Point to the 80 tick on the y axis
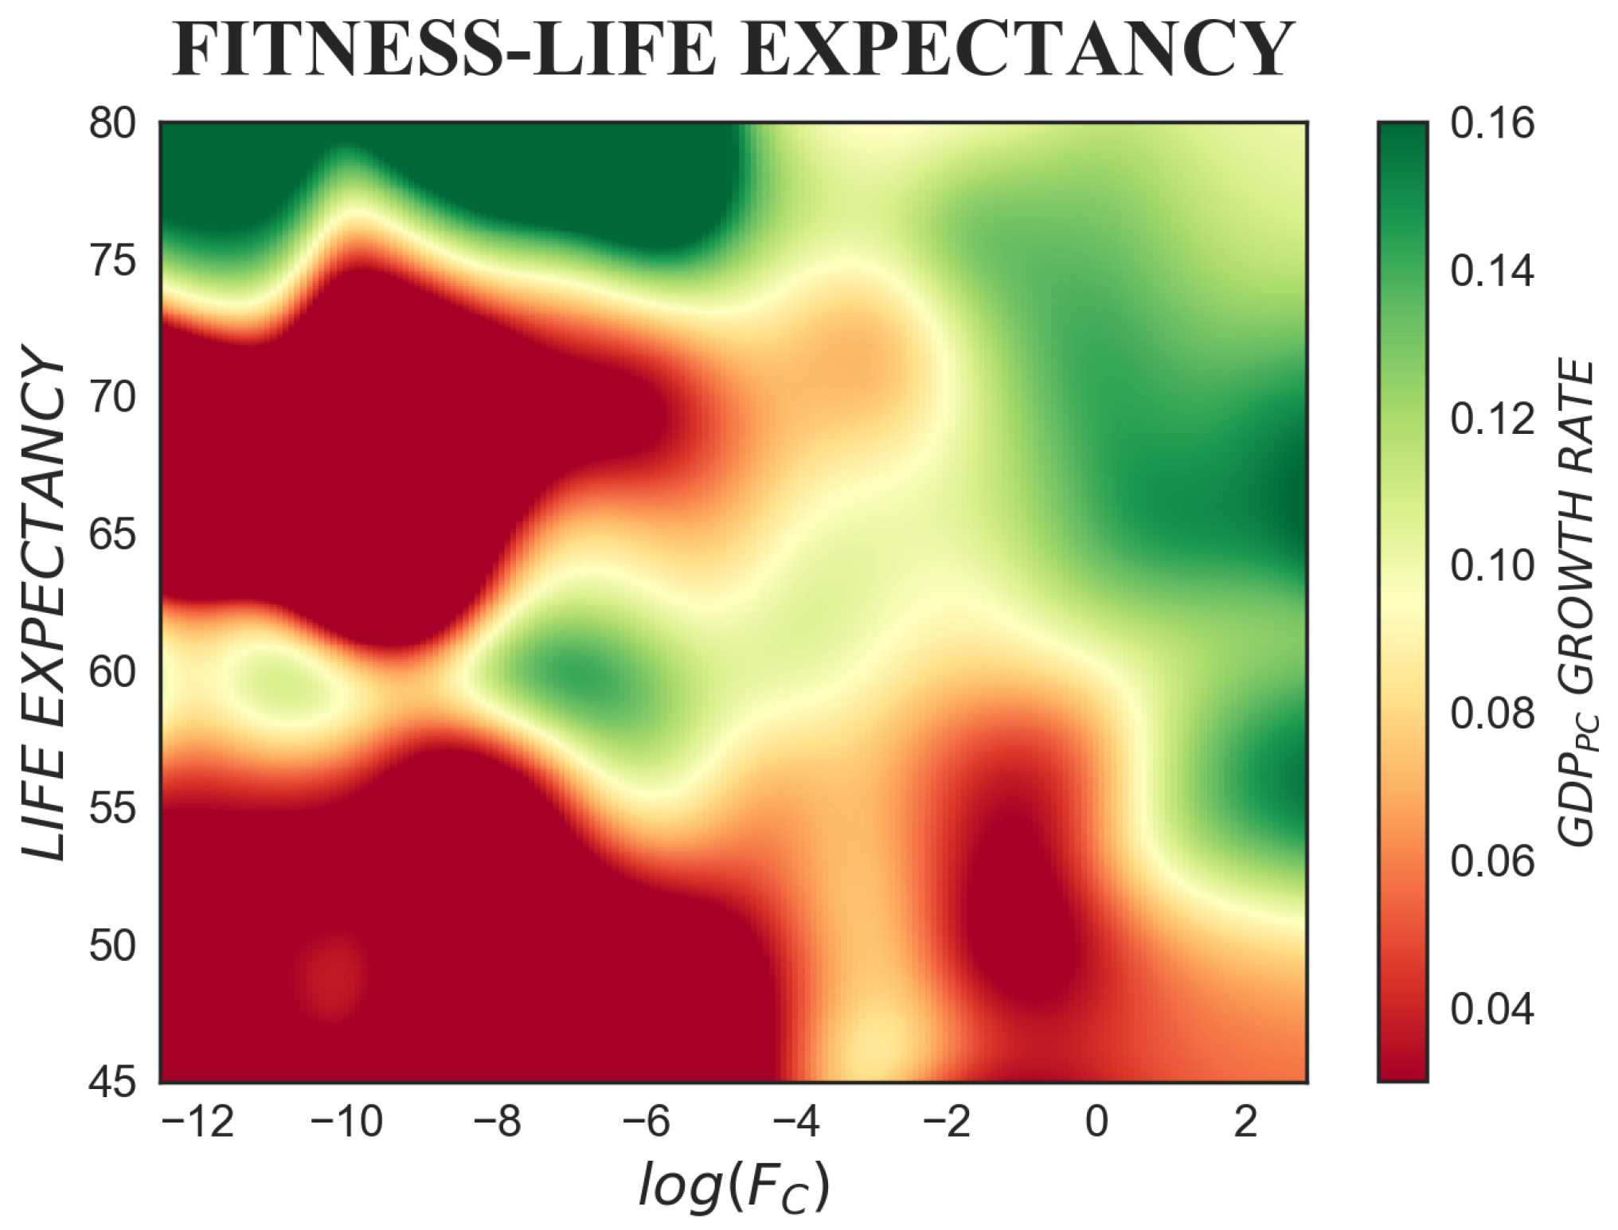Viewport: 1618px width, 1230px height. coord(111,125)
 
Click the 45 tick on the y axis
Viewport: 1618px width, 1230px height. coord(111,1084)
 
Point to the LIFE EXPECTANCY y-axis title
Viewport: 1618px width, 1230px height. coord(44,602)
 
